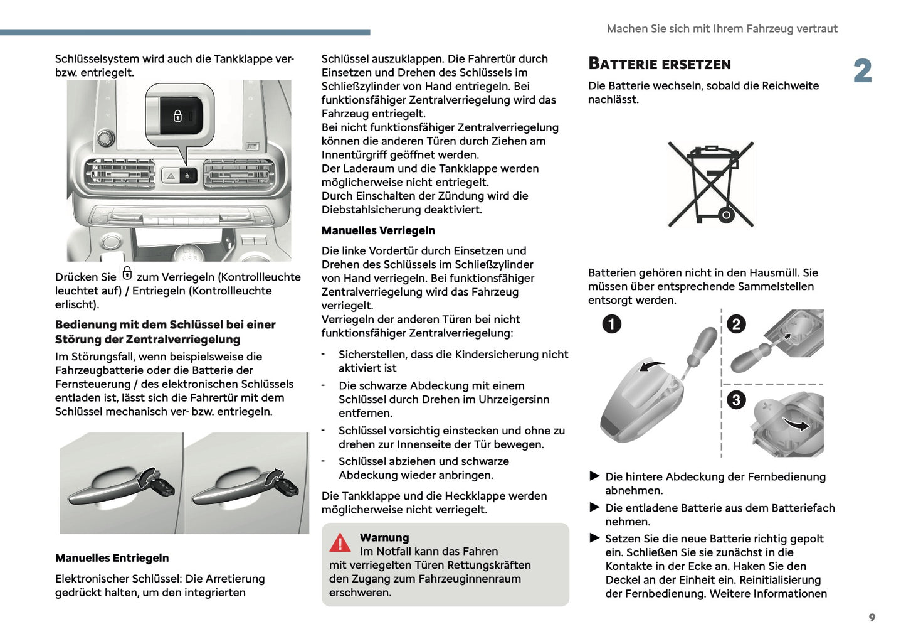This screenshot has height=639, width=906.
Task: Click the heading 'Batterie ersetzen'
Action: [x=659, y=64]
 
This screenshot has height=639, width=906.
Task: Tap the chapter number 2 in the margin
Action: [x=862, y=71]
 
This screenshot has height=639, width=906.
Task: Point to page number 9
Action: [x=872, y=618]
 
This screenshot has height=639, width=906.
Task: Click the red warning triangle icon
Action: [x=340, y=543]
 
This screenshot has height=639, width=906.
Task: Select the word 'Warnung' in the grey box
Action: [x=384, y=537]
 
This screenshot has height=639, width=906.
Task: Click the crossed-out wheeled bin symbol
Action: [x=710, y=184]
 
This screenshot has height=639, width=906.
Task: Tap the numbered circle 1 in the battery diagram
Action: [x=611, y=324]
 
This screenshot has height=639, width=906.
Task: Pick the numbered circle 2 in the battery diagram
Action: [x=735, y=324]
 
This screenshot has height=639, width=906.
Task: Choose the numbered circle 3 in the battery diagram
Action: [x=735, y=400]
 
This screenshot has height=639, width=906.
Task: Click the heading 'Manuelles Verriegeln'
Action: [x=378, y=230]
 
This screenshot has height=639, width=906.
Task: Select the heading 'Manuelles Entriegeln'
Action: [x=112, y=558]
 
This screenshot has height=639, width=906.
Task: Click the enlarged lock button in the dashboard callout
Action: [x=179, y=115]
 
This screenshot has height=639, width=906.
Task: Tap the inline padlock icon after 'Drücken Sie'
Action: [x=127, y=273]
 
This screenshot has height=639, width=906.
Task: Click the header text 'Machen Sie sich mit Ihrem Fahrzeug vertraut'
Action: [x=722, y=29]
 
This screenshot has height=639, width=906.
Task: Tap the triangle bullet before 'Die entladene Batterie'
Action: [x=594, y=507]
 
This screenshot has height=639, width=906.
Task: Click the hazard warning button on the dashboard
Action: [x=171, y=176]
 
